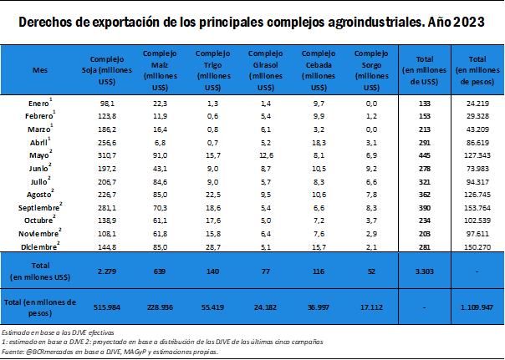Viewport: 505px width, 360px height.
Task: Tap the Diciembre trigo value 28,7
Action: coord(211,248)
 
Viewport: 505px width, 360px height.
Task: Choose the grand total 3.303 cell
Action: coord(425,271)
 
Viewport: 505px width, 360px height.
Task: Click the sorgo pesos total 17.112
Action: coord(369,307)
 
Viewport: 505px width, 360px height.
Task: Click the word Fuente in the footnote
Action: coord(13,352)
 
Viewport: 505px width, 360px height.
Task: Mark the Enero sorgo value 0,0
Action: coord(369,102)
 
